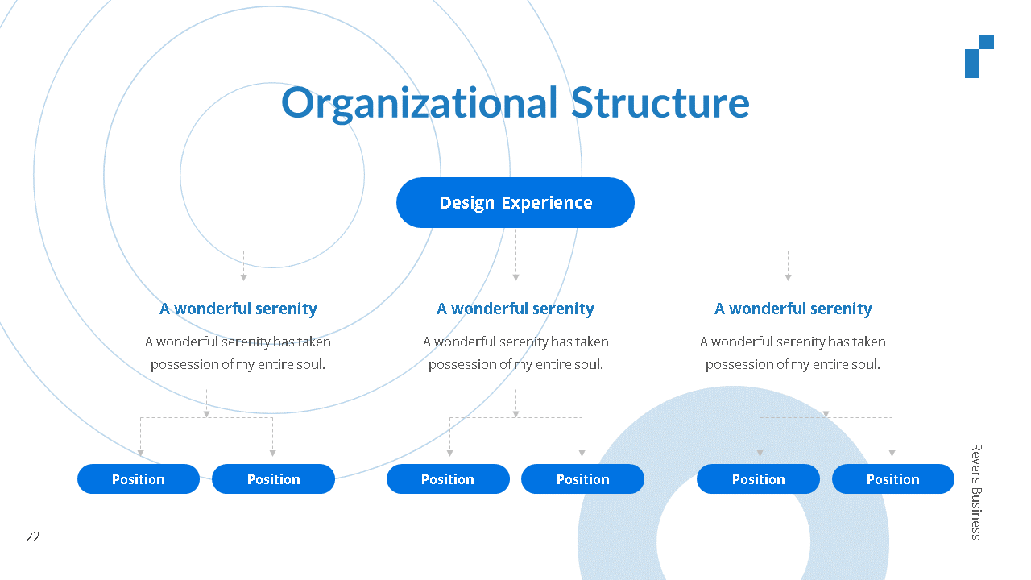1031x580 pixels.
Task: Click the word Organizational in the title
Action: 419,104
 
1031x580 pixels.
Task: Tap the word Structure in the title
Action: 660,104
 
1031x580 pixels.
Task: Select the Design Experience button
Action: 515,202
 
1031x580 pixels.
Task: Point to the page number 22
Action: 33,537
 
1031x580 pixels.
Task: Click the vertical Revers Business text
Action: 975,491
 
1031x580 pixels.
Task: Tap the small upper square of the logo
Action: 987,42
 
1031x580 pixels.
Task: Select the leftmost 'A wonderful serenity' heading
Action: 238,309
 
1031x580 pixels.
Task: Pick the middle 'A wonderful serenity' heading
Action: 515,309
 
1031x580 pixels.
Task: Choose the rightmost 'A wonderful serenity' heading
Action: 793,309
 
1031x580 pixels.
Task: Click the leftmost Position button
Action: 139,479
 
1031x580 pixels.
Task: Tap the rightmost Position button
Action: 893,479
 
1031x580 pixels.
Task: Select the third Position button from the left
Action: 448,479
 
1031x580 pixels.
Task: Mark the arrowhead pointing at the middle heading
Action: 515,277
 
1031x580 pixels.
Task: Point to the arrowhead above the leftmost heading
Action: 243,277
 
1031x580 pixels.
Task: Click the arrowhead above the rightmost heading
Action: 788,277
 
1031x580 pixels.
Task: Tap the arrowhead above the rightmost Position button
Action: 892,454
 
